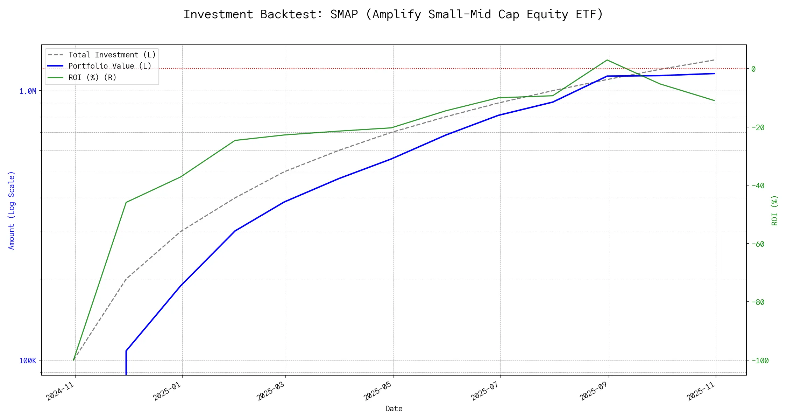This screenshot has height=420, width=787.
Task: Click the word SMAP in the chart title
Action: (344, 14)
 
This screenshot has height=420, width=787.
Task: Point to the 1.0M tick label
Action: (28, 91)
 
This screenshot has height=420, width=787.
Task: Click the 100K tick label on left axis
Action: (28, 361)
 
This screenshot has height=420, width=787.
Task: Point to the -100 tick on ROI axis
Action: (760, 360)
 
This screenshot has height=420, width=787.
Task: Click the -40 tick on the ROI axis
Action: (758, 185)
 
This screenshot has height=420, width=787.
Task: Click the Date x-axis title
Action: (394, 409)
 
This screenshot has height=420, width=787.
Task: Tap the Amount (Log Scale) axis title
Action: (12, 210)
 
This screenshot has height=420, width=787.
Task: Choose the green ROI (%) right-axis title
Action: (775, 210)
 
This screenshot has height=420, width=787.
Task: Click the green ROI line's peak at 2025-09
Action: (607, 60)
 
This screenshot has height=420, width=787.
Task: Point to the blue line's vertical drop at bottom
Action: (126, 364)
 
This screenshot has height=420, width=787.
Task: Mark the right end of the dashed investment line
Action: (714, 60)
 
